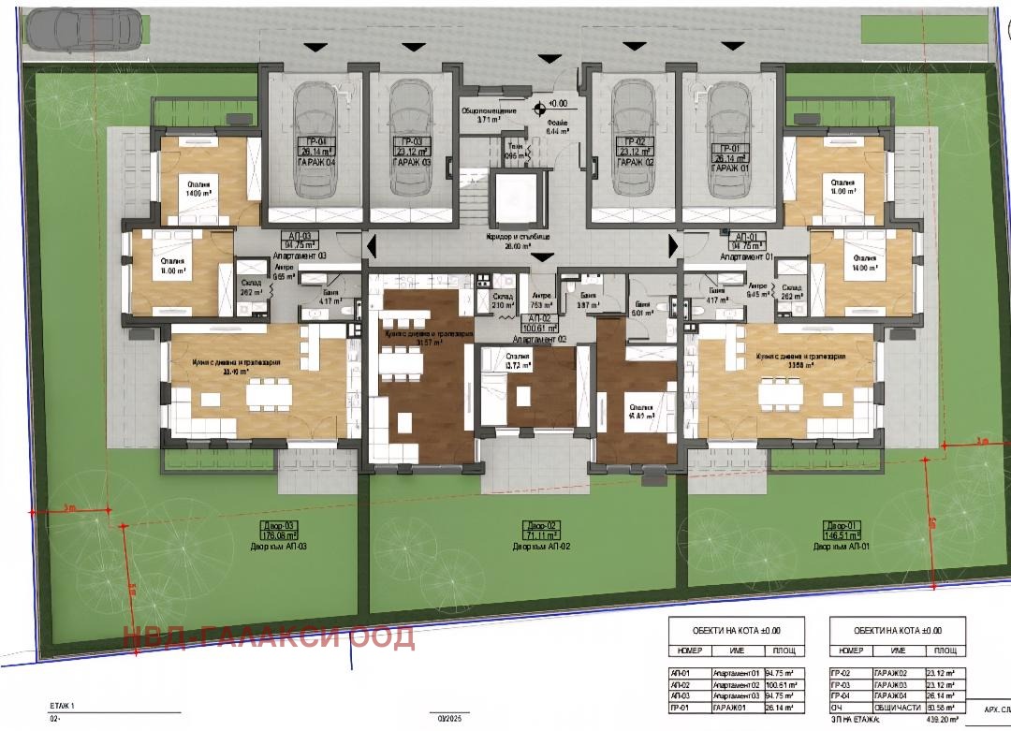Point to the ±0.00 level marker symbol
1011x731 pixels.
[540, 108]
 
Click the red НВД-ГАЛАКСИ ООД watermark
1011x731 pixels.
[269, 637]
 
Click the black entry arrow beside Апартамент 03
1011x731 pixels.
[372, 247]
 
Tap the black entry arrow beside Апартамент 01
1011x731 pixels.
[672, 245]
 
